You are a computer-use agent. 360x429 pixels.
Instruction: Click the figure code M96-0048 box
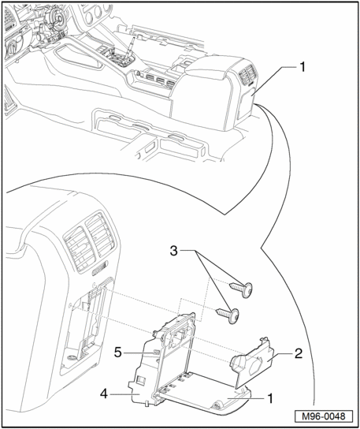324,416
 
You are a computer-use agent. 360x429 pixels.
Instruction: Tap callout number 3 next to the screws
174,251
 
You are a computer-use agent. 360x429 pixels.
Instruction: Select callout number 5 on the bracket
117,353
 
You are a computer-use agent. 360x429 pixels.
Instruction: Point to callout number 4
104,394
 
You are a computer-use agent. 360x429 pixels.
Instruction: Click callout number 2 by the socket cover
299,353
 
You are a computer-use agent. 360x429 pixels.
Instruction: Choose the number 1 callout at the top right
302,67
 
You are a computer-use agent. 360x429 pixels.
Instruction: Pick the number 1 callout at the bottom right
270,398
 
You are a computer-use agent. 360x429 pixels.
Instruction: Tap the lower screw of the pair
228,315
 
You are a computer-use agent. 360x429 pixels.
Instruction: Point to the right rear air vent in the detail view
101,235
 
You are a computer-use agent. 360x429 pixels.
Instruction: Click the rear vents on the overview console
248,74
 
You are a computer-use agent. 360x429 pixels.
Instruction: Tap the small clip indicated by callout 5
156,353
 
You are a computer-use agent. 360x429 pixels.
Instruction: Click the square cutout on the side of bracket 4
141,379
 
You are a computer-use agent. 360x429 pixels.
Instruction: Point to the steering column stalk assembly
51,30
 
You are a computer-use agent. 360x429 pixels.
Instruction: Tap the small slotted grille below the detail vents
100,269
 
